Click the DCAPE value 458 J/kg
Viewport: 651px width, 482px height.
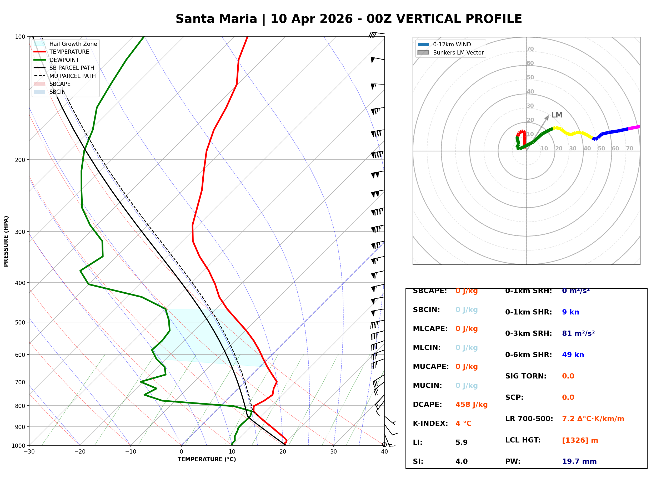[x=471, y=404]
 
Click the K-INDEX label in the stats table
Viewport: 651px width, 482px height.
[x=430, y=423]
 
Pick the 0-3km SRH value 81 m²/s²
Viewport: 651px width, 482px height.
[x=578, y=333]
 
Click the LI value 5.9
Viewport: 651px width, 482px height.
[x=461, y=442]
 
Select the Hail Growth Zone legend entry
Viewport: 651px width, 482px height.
[x=73, y=44]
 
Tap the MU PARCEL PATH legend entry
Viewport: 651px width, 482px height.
[x=72, y=76]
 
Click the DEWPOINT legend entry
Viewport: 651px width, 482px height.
[x=64, y=60]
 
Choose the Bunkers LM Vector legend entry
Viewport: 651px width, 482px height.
[x=458, y=52]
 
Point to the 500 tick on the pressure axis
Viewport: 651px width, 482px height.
[x=20, y=322]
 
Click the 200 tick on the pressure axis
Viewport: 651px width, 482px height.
[x=20, y=160]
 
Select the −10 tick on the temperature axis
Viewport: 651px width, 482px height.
[x=130, y=452]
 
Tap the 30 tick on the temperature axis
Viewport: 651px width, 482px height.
[x=333, y=452]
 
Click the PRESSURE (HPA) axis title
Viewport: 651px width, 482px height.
[x=6, y=241]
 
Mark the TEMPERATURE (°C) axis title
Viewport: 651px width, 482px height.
[x=207, y=459]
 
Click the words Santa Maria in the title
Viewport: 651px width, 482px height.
[x=216, y=19]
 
